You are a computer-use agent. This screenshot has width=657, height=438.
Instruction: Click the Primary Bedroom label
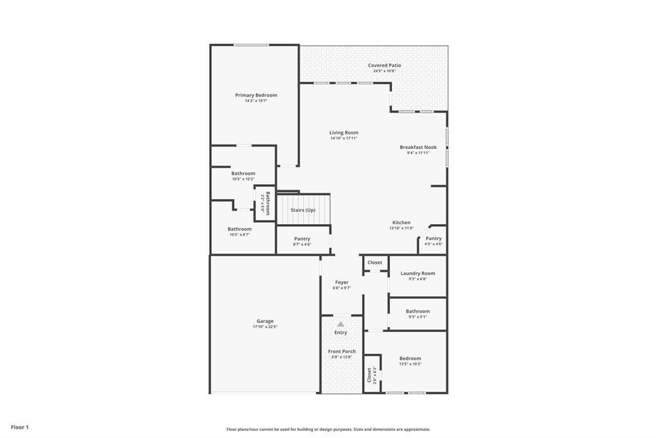pyautogui.click(x=256, y=95)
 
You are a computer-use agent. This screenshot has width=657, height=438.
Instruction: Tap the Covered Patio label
pyautogui.click(x=384, y=66)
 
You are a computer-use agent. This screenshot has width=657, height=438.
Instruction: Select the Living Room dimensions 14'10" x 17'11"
pyautogui.click(x=344, y=138)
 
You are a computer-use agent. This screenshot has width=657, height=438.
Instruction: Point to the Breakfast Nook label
pyautogui.click(x=418, y=147)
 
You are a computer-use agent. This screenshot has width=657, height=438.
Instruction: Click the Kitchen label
pyautogui.click(x=402, y=223)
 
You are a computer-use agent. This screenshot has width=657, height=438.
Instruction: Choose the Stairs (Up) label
pyautogui.click(x=303, y=210)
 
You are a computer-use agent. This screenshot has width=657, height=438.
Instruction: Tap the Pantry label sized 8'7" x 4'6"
pyautogui.click(x=302, y=239)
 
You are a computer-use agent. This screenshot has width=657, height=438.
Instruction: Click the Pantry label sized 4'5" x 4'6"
pyautogui.click(x=434, y=238)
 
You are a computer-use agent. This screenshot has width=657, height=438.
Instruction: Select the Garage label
pyautogui.click(x=265, y=321)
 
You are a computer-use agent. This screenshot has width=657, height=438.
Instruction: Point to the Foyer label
pyautogui.click(x=341, y=283)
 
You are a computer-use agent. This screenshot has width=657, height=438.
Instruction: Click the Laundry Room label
pyautogui.click(x=418, y=274)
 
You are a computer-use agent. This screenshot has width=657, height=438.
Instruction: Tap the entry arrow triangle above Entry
pyautogui.click(x=341, y=324)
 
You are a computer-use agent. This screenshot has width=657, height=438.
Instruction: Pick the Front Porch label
pyautogui.click(x=341, y=351)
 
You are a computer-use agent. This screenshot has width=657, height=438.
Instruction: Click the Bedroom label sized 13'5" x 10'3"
pyautogui.click(x=411, y=358)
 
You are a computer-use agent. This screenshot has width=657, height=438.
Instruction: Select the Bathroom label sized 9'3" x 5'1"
pyautogui.click(x=418, y=311)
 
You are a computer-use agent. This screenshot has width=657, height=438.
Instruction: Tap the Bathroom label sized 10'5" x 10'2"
pyautogui.click(x=243, y=173)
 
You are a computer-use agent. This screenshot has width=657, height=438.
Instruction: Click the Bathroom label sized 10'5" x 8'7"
pyautogui.click(x=239, y=229)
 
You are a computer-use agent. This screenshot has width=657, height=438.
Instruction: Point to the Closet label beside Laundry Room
pyautogui.click(x=375, y=263)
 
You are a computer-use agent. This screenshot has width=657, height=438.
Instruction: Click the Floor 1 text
pyautogui.click(x=20, y=427)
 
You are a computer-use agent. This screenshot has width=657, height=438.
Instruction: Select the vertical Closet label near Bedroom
pyautogui.click(x=368, y=374)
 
